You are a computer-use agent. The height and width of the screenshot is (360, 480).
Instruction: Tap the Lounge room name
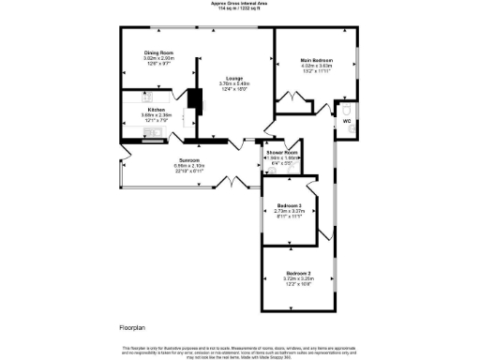pos(233,79)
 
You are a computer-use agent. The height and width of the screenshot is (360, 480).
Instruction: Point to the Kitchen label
pos(156,110)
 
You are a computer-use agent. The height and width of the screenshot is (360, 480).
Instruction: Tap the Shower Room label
pos(281,152)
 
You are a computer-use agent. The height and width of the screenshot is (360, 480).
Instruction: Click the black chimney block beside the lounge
pos(195,100)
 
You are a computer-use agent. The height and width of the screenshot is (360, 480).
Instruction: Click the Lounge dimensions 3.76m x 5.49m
pos(233,84)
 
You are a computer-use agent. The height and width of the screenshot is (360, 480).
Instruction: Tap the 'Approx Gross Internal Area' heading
pos(239,4)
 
